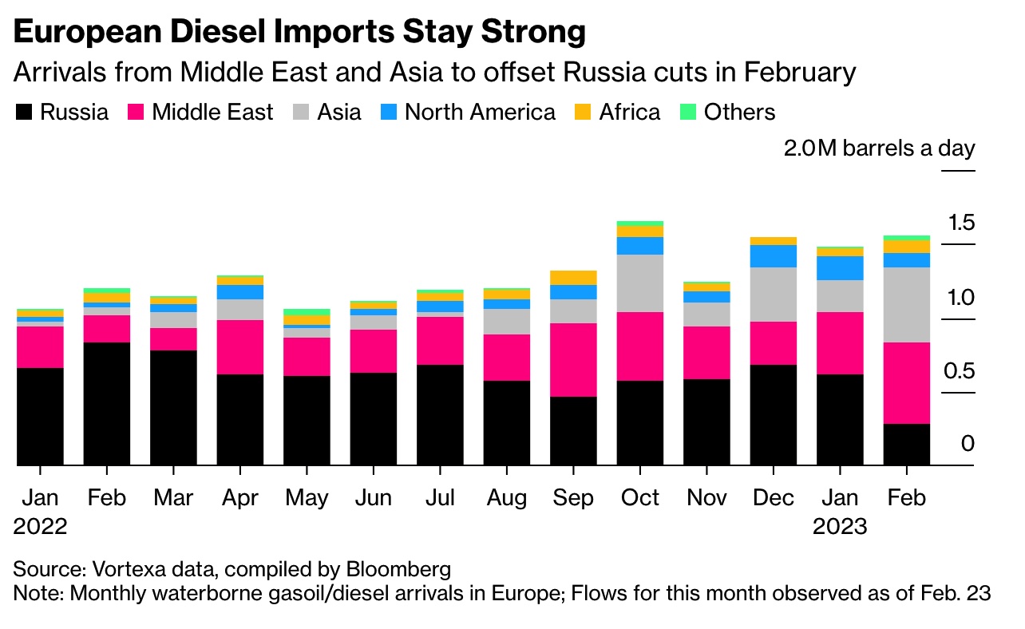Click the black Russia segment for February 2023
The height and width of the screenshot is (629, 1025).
(906, 444)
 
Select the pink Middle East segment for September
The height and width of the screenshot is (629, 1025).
(572, 359)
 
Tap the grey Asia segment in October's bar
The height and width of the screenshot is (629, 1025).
(639, 283)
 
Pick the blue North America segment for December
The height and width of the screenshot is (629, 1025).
(773, 255)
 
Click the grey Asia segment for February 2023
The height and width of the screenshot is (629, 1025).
(906, 304)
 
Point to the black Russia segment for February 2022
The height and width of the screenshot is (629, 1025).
(107, 403)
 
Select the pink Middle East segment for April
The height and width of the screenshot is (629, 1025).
(240, 346)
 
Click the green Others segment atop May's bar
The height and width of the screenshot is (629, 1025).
(307, 311)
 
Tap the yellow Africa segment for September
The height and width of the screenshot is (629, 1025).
(572, 277)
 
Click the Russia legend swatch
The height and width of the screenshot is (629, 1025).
(24, 113)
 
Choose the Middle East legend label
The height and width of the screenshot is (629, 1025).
(212, 112)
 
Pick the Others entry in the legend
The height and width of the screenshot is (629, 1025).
(739, 112)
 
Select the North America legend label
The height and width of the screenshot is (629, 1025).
(480, 112)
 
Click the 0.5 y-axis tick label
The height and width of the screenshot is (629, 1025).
(958, 372)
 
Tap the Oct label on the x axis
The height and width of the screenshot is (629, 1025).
(639, 498)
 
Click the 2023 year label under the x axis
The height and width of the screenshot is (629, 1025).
(840, 527)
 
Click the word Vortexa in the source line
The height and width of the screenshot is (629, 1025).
(133, 570)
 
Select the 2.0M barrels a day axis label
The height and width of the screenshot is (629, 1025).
(879, 149)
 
